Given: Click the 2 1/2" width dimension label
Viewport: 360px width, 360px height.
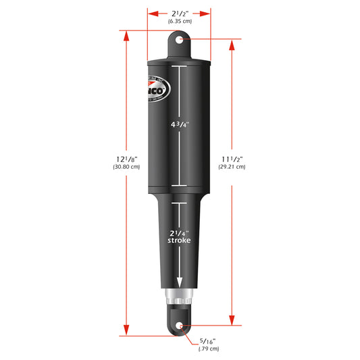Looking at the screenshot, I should click(179, 14).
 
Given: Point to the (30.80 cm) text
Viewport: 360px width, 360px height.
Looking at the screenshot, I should click(126, 167).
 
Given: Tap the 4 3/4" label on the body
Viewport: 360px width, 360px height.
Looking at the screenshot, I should click(180, 125).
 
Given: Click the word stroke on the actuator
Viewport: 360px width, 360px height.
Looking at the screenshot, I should click(180, 240).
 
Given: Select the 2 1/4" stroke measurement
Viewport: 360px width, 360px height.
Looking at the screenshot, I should click(180, 231).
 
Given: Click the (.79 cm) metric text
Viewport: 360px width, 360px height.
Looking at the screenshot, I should click(208, 349).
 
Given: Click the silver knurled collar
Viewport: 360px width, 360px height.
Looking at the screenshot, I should click(180, 298).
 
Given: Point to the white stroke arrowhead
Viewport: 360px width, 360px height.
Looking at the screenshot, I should click(180, 284).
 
